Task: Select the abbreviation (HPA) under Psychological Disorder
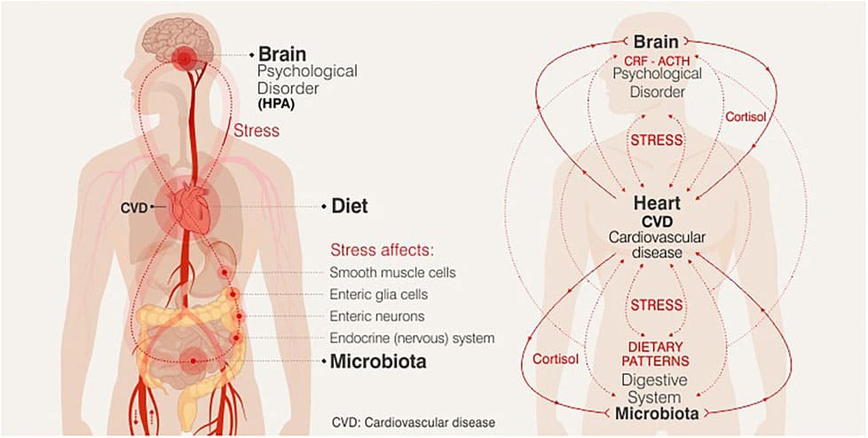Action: (277, 104)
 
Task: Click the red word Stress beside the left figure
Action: (256, 131)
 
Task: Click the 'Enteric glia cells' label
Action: (377, 293)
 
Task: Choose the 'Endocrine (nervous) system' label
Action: (412, 338)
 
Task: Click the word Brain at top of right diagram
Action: (655, 42)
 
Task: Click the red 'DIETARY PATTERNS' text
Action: (656, 356)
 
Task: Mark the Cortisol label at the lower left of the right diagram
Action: (556, 357)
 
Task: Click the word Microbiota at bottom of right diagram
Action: (656, 414)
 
